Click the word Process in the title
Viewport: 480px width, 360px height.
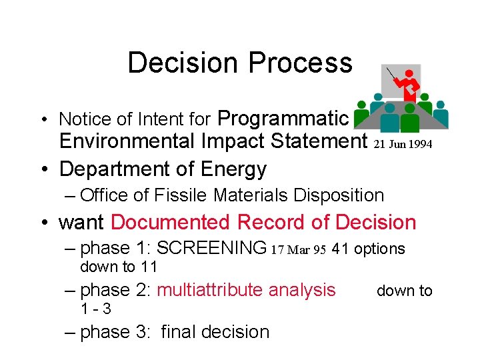[x=300, y=63]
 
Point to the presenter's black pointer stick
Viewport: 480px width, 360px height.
[x=392, y=75]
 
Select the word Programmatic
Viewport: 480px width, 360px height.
[x=283, y=119]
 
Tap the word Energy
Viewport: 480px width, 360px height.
[x=233, y=169]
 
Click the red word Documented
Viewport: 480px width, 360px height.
[x=171, y=222]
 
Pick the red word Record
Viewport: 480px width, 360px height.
[x=271, y=222]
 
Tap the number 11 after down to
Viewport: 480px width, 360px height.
[x=148, y=267]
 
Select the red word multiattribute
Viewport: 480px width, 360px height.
[x=209, y=290]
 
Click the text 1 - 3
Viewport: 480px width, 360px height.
[x=95, y=309]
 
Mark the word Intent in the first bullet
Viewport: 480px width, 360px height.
[x=159, y=120]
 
